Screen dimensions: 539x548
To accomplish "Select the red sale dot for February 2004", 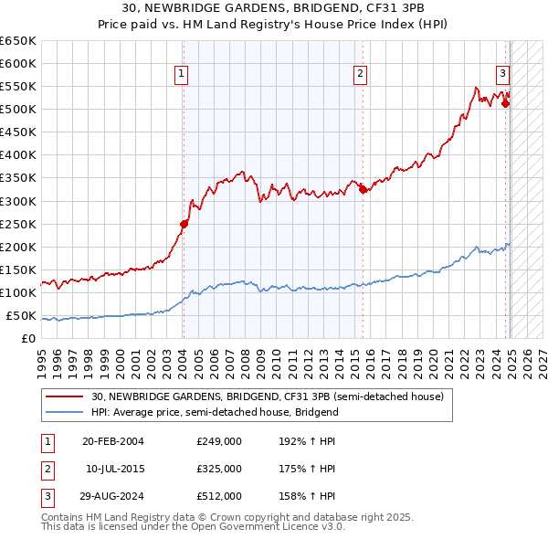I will (x=184, y=223).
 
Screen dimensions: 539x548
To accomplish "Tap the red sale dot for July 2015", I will (x=363, y=189).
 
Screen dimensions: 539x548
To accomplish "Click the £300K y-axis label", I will (x=18, y=201).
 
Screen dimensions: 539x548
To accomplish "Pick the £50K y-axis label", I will (x=21, y=316).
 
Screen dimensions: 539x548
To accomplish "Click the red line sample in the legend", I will (x=64, y=396).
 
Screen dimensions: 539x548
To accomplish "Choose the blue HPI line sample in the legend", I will (x=64, y=412).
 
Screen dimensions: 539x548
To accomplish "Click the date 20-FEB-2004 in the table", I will (x=113, y=441).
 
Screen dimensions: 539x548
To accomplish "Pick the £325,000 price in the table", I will (x=219, y=469).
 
